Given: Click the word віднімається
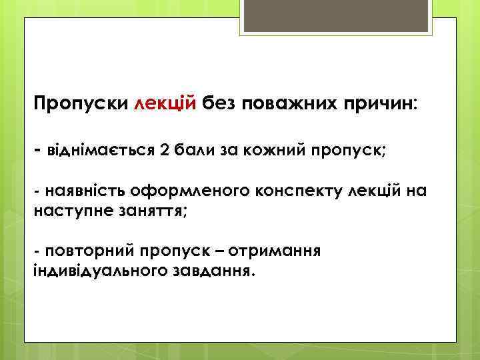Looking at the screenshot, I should click(x=101, y=148).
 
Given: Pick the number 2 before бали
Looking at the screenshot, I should click(x=165, y=148).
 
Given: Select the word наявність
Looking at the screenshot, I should click(x=85, y=192).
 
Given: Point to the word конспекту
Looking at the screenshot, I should click(x=299, y=192).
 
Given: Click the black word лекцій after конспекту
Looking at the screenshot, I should click(x=376, y=192).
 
